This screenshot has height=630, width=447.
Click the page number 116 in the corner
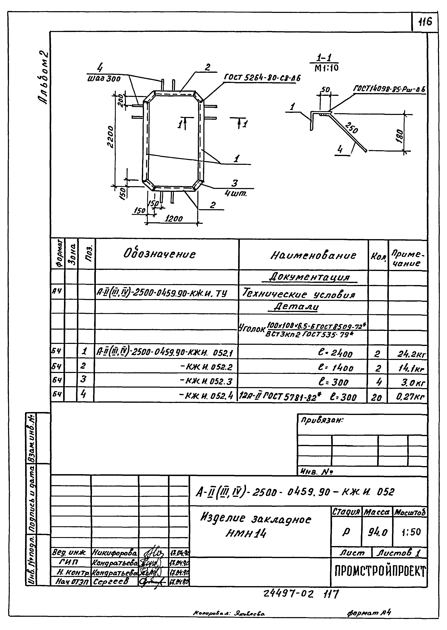point(425,22)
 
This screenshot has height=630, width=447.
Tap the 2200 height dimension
point(111,137)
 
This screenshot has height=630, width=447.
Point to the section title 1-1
point(324,58)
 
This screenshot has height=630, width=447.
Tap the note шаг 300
point(104,79)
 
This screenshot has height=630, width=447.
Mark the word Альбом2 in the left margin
point(43,78)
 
